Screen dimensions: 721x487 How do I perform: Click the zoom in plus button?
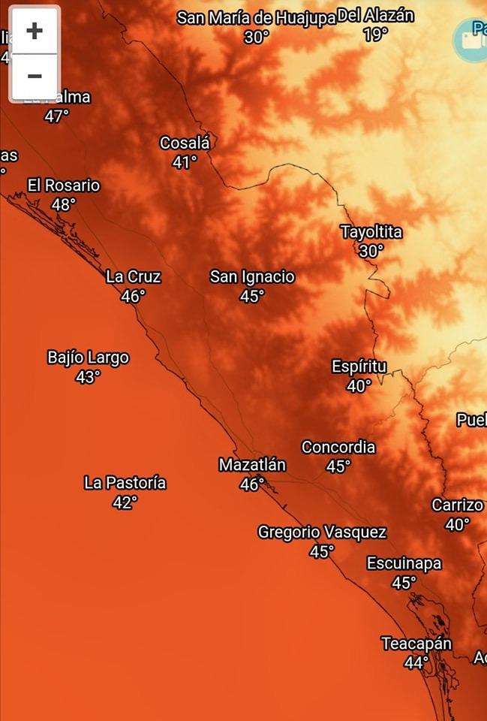point(34,32)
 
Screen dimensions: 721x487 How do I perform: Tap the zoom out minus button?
point(34,76)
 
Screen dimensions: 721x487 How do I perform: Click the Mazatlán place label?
point(252,465)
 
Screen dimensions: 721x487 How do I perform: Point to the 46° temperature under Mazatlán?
point(251,484)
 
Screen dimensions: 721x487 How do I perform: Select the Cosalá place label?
point(185,143)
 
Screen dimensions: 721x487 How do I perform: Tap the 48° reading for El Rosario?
point(63,204)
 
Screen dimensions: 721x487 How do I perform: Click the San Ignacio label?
point(252,277)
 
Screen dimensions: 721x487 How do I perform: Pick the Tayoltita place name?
point(371,232)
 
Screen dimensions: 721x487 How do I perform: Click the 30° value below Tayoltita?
point(371,252)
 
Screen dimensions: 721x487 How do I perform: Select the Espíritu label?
point(359,367)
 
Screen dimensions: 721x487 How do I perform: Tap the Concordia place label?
point(338,447)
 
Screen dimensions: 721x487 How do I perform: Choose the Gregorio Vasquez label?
point(322,532)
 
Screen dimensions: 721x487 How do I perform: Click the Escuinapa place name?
point(404,563)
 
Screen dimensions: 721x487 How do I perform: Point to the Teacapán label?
point(416,644)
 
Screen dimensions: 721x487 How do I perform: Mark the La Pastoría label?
point(125,483)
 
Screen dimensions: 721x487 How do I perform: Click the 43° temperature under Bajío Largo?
point(88,377)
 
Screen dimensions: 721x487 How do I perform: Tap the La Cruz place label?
point(134,277)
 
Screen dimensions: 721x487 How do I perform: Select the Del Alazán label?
point(375,15)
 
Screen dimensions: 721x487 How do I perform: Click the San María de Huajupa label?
point(256,18)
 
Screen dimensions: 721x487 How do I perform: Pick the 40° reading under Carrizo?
point(457,525)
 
